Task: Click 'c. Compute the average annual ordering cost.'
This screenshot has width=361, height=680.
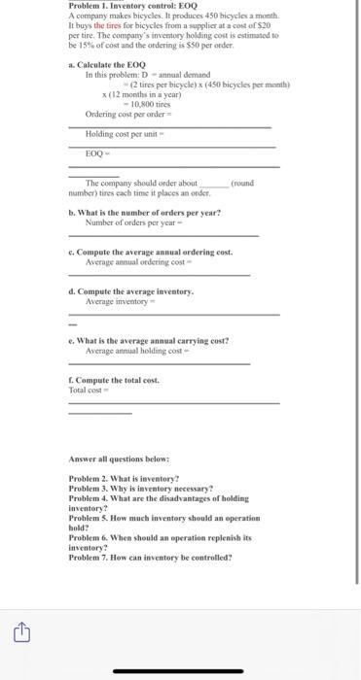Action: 151,252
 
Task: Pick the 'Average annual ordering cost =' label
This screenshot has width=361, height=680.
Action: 140,262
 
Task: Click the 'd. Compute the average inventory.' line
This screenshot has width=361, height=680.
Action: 131,291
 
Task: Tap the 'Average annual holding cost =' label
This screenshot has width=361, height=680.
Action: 138,351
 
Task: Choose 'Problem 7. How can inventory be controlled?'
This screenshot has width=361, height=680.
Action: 151,557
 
